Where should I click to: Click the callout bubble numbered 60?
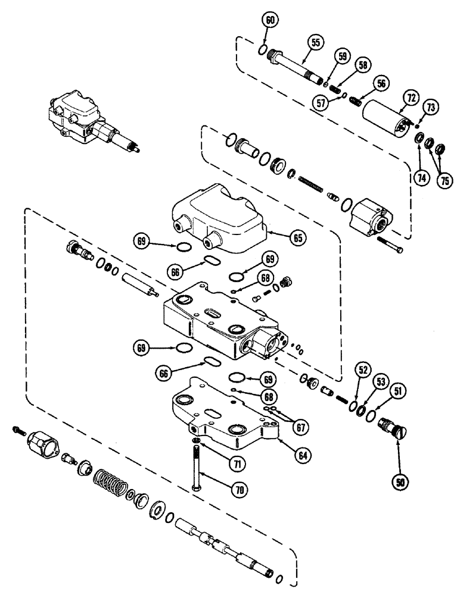(x=270, y=20)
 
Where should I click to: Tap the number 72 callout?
(x=412, y=97)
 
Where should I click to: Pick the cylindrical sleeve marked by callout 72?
(x=385, y=117)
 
